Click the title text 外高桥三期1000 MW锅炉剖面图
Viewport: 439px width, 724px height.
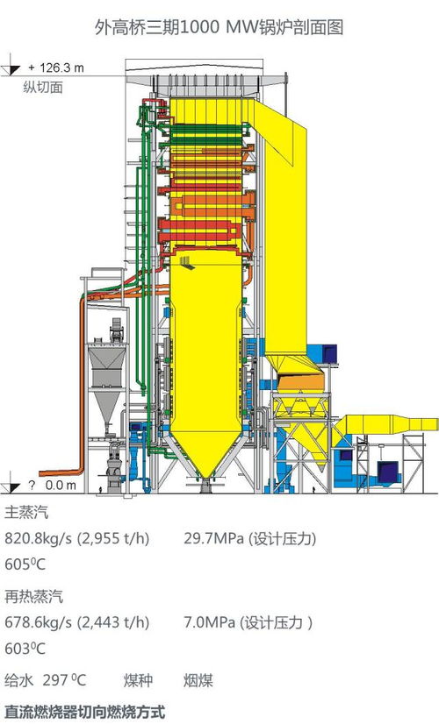(x=219, y=28)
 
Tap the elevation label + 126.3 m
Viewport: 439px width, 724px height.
(x=56, y=67)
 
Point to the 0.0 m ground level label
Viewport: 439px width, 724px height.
(x=61, y=486)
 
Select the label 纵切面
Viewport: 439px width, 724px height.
(x=43, y=88)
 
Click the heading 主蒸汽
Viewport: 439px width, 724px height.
(x=26, y=512)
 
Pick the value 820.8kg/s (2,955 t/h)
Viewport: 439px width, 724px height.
(x=77, y=538)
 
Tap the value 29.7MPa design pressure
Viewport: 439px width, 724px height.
(x=250, y=538)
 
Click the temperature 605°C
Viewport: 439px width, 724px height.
(x=25, y=564)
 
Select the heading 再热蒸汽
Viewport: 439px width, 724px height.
(x=33, y=597)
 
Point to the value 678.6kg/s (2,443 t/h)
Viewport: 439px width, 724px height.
(x=77, y=622)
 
